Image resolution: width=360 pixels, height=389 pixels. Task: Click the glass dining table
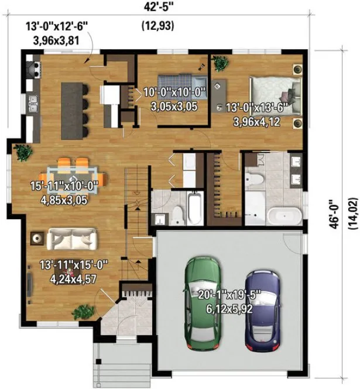pos(73,175)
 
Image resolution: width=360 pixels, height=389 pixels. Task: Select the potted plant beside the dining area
pos(24,152)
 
